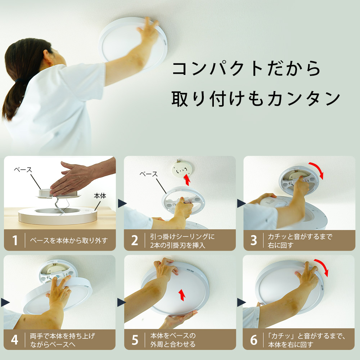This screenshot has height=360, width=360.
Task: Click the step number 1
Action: point(15,240)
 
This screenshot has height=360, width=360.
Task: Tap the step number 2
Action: point(135,240)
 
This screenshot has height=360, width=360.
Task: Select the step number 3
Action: point(253,240)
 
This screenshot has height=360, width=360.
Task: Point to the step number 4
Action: point(14,340)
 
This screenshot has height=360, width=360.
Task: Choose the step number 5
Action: point(135,340)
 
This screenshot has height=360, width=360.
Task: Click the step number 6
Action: point(254,340)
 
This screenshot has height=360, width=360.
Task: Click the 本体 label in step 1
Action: point(100,196)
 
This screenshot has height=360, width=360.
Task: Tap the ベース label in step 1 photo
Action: point(23,170)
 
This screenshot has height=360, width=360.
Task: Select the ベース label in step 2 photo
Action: point(149,174)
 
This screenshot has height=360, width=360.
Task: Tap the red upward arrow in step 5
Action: point(182,295)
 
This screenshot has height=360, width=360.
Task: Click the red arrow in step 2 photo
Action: point(187,180)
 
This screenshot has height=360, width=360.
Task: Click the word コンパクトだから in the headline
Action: point(246,68)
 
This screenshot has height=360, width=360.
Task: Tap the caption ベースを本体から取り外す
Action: point(69,240)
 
